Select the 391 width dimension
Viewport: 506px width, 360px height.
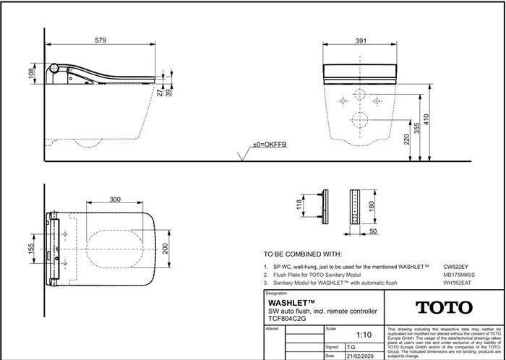360,40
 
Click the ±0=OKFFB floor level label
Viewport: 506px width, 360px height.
270,145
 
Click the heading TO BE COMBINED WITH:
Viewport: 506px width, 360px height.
302,255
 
